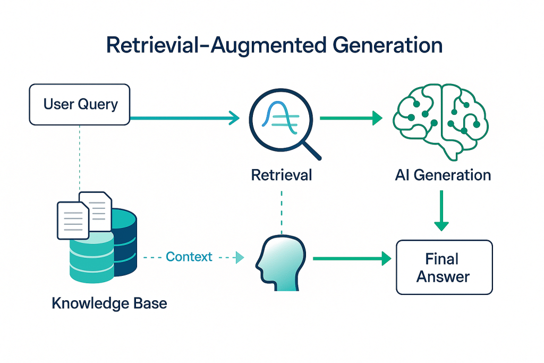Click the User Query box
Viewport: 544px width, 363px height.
click(x=80, y=104)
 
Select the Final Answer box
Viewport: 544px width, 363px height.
click(x=444, y=267)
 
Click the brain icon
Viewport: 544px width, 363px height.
click(x=440, y=120)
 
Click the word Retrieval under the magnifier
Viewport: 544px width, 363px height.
click(x=282, y=175)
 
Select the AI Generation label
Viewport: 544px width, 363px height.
click(x=443, y=175)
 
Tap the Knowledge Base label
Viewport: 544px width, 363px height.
click(x=109, y=303)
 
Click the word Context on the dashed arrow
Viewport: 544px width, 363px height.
click(x=189, y=257)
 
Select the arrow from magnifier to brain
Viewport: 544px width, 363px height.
click(x=351, y=118)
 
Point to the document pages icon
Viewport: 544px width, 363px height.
click(x=84, y=214)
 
